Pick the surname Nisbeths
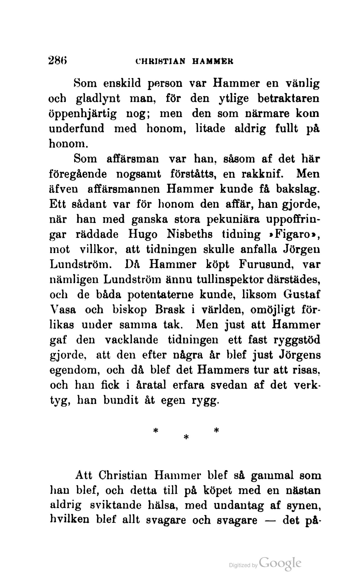coord(190,234)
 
